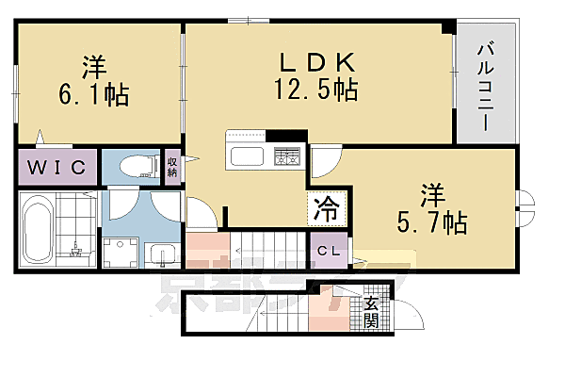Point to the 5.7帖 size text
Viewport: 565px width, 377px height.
click(431, 222)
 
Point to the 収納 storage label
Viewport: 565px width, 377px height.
click(172, 166)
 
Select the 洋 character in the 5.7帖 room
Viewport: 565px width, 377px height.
click(431, 195)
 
